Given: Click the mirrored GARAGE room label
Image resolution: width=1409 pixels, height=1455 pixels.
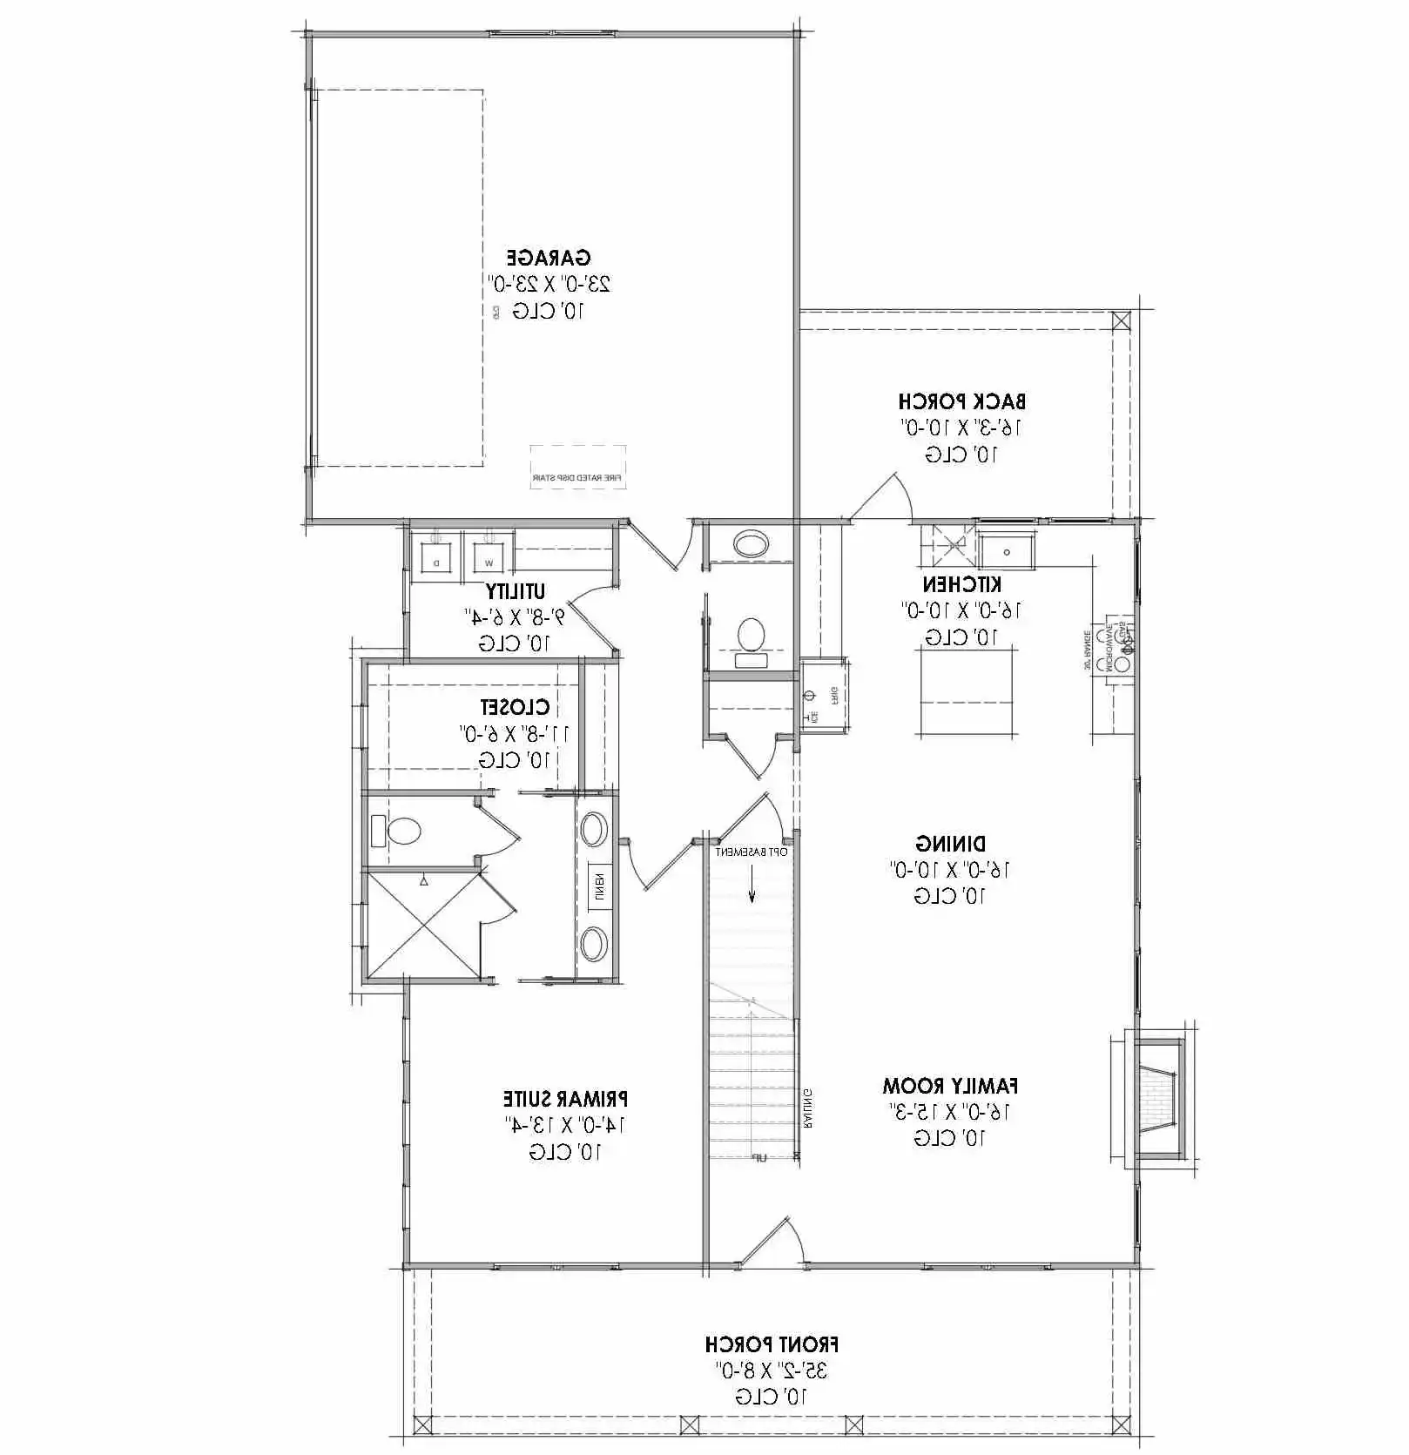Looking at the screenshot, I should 549,258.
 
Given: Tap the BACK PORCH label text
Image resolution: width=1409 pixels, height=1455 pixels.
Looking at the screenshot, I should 961,401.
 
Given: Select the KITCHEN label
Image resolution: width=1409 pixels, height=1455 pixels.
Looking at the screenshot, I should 961,584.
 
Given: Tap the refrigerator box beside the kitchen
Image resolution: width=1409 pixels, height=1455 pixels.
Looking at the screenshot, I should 823,697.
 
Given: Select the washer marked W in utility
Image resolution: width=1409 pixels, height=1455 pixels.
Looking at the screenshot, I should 488,555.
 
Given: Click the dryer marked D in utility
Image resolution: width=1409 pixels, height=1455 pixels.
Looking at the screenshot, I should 435,555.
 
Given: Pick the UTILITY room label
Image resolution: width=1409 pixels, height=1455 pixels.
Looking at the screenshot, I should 516,591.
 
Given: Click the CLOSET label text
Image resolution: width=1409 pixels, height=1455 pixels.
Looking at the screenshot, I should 515,707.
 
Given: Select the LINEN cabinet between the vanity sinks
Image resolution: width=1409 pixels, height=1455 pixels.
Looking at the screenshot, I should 599,886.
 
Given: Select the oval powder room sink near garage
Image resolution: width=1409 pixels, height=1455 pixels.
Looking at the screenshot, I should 750,545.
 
